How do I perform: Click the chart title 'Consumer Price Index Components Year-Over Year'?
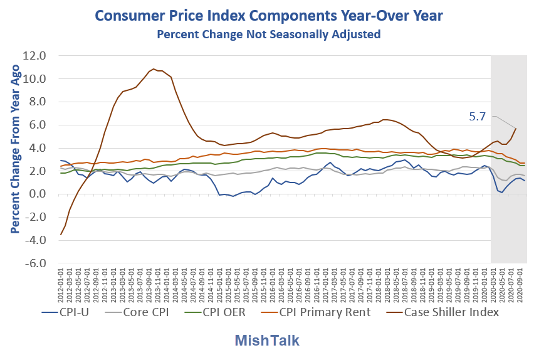266,15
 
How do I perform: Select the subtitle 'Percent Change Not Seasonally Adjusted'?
268,34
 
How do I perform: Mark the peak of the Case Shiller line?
154,69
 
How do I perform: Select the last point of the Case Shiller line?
516,129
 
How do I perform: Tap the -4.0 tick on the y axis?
37,241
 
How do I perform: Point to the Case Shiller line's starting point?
61,235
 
